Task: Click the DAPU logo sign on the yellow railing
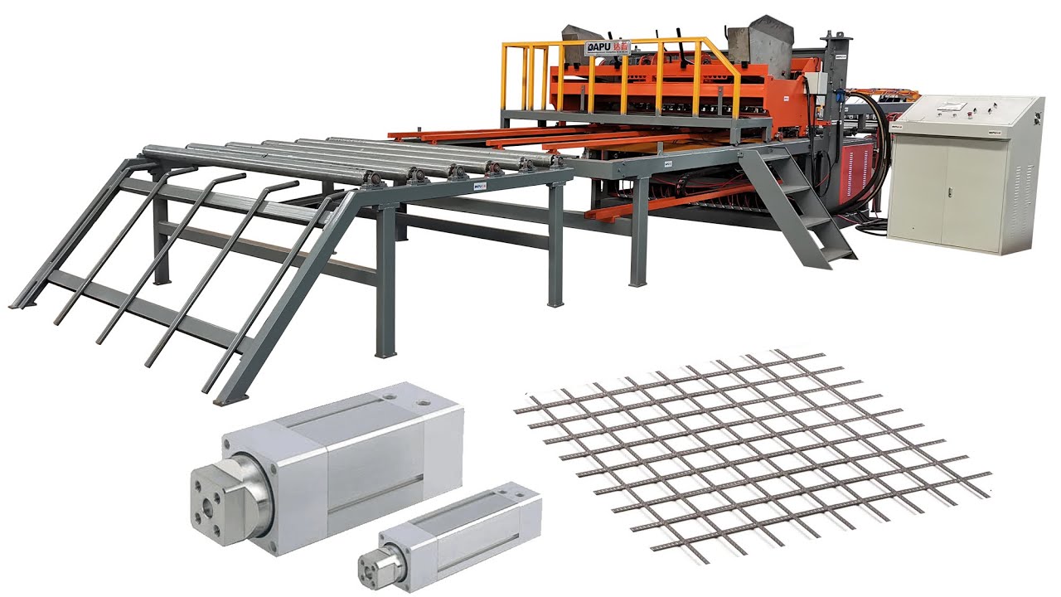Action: tap(608, 47)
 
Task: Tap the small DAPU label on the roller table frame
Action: tap(479, 188)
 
